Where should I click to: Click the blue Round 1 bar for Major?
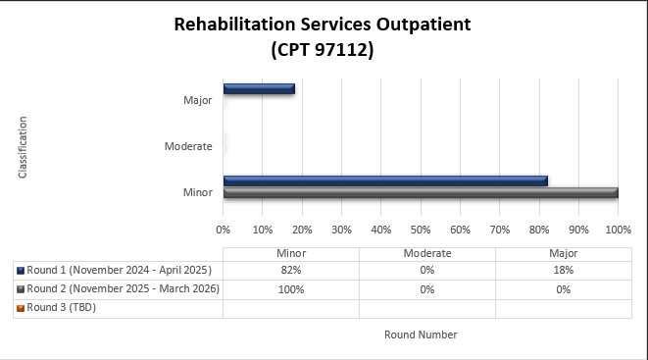(259, 88)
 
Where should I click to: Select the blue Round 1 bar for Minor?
(385, 180)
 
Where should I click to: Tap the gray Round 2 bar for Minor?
(421, 192)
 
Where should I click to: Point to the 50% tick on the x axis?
(421, 231)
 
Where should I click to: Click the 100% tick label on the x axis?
(618, 231)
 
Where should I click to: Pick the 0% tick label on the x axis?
(224, 231)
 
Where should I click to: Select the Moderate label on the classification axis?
(188, 146)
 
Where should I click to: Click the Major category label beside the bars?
(197, 100)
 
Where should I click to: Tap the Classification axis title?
(23, 147)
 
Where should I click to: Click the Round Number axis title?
(421, 334)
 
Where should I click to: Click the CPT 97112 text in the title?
(323, 48)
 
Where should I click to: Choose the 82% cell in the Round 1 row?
(291, 270)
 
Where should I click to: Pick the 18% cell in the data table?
(563, 270)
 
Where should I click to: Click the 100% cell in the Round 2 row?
(291, 289)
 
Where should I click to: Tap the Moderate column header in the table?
(427, 252)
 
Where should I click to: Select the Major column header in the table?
(563, 252)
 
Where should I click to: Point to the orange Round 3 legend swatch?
(21, 308)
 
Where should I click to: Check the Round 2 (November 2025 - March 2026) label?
(123, 289)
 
